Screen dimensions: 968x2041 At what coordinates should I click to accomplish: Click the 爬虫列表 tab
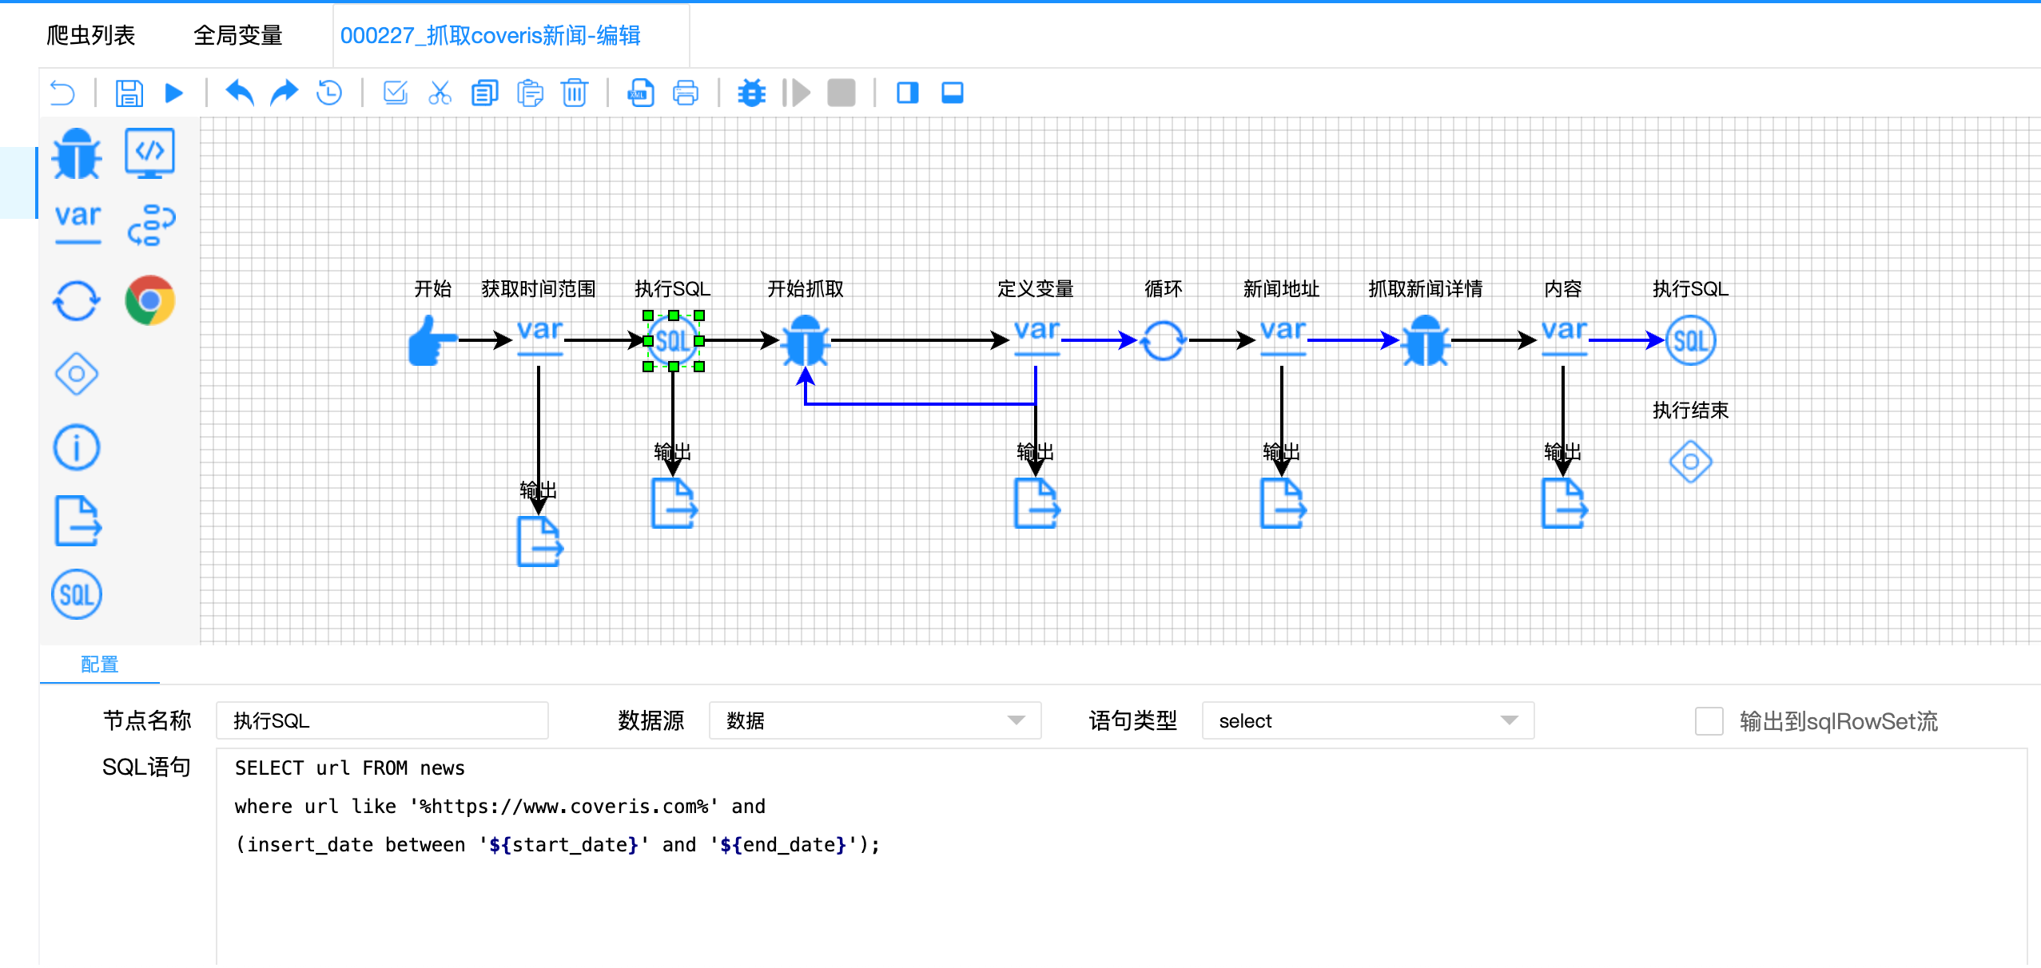(x=90, y=35)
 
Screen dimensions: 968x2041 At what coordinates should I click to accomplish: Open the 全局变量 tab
(x=237, y=35)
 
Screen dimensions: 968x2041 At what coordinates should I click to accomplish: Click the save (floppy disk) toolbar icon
(x=129, y=93)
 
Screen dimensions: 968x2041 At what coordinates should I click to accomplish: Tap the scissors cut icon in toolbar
(x=440, y=93)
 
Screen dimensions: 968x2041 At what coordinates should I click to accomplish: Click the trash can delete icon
(x=574, y=93)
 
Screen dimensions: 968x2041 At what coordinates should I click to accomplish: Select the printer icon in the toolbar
(x=685, y=93)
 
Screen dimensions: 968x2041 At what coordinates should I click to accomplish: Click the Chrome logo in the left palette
(x=149, y=300)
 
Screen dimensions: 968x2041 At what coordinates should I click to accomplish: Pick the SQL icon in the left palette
(x=76, y=594)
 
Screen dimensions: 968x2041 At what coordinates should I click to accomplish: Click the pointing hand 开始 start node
(x=432, y=341)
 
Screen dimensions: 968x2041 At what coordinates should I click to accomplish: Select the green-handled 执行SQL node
(x=673, y=341)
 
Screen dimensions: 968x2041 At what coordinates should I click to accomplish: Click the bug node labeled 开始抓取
(x=805, y=341)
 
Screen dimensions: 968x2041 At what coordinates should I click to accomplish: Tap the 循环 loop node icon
(x=1163, y=341)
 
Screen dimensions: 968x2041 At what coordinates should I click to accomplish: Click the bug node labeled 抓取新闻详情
(x=1425, y=341)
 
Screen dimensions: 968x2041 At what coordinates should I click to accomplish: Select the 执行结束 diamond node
(x=1690, y=462)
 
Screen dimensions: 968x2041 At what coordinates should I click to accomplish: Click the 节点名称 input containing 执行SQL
(x=382, y=720)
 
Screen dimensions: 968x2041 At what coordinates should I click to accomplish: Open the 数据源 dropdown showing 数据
(x=874, y=720)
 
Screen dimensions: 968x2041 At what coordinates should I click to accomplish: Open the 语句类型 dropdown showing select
(x=1367, y=720)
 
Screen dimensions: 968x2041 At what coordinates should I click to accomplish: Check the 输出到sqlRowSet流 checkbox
(x=1709, y=720)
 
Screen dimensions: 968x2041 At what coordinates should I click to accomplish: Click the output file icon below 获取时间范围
(x=539, y=542)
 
